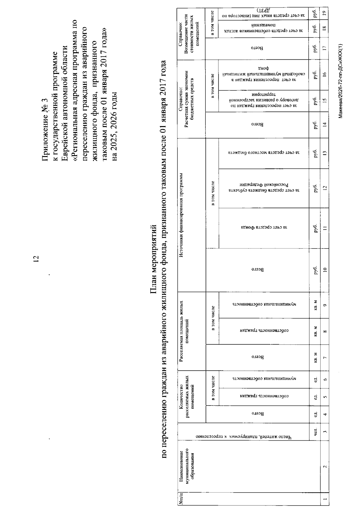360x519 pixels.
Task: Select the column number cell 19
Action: pos(325,14)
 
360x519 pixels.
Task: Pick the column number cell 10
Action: pos(325,269)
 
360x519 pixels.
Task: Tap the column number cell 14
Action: pos(325,125)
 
